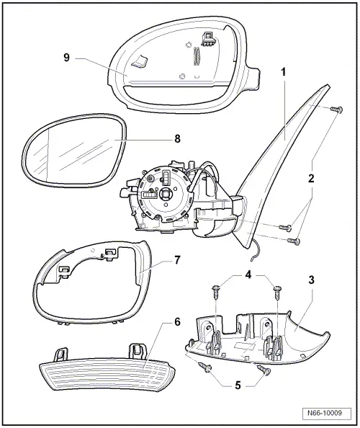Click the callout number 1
tap(284, 72)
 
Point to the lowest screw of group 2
tap(292, 242)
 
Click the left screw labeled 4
tap(215, 290)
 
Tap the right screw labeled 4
tap(276, 290)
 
